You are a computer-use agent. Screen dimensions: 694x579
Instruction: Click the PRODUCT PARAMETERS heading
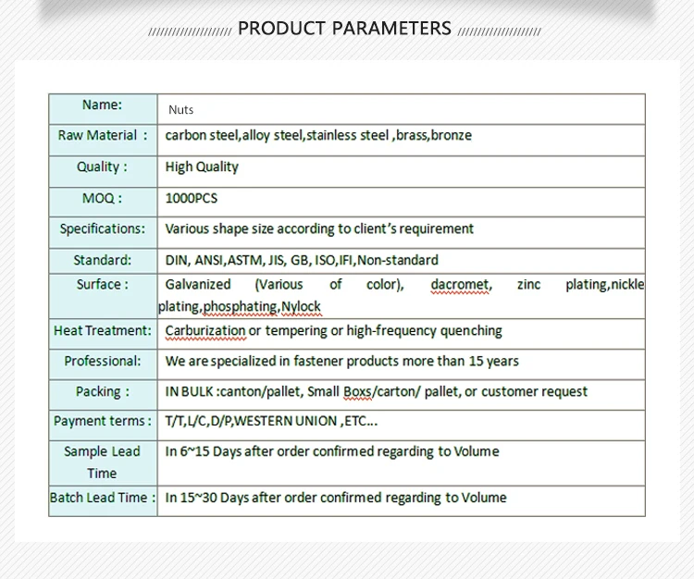(344, 29)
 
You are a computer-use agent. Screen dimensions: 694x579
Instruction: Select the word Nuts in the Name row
(181, 110)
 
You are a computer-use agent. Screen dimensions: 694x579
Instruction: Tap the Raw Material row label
(103, 135)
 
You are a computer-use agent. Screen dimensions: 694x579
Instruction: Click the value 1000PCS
(192, 198)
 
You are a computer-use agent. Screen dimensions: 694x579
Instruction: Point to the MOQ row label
(102, 198)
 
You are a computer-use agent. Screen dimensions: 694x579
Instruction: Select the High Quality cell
(202, 166)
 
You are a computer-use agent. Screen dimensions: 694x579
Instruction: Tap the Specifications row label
(103, 228)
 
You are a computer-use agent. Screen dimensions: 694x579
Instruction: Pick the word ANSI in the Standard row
(209, 260)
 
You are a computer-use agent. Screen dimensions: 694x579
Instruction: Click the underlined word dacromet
(460, 285)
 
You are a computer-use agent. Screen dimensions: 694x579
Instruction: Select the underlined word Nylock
(301, 306)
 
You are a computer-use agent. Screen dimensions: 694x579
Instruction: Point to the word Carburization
(205, 331)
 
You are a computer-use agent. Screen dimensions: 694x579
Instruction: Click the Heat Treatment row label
(103, 330)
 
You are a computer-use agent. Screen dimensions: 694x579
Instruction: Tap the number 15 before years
(476, 362)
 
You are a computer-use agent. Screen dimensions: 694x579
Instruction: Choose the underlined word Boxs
(357, 392)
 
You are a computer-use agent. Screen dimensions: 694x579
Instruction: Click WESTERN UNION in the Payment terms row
(285, 421)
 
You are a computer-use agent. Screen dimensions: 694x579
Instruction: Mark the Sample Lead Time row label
(102, 462)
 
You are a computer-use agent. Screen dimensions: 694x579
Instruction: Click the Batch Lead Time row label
(103, 498)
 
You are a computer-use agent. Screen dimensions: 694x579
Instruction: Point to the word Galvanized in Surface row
(198, 285)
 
